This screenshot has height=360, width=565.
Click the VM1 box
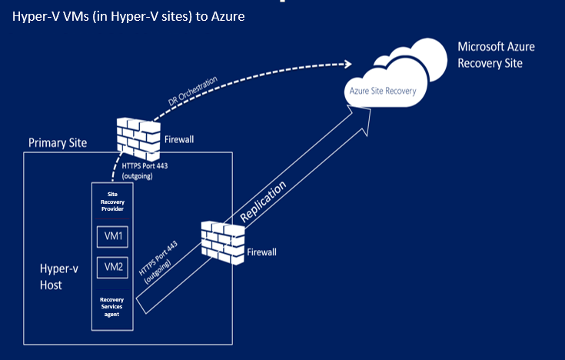(x=112, y=236)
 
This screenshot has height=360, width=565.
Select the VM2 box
(x=112, y=267)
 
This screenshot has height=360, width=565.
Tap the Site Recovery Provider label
(x=112, y=202)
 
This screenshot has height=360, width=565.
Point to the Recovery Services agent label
(x=112, y=306)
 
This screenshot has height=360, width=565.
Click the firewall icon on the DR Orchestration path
(x=136, y=135)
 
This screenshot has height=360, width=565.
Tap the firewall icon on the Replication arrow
(x=221, y=239)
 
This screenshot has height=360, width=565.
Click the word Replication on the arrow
(x=264, y=202)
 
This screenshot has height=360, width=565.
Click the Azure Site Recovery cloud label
(x=383, y=91)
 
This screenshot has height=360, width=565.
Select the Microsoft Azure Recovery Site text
(x=496, y=55)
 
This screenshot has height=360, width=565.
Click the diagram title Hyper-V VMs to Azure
(x=128, y=17)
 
